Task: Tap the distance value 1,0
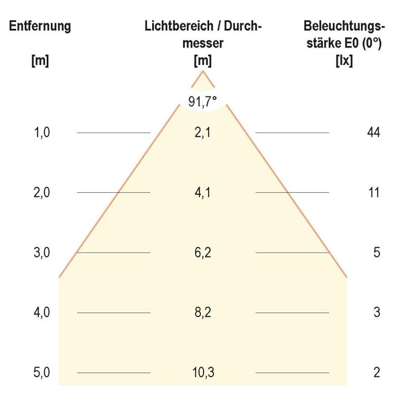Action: click(x=43, y=132)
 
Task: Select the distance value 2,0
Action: click(x=43, y=192)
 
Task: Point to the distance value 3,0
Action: click(x=43, y=252)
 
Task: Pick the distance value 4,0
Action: click(x=43, y=312)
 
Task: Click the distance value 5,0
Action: click(x=43, y=373)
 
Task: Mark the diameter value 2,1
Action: click(x=203, y=132)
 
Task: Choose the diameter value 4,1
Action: click(x=203, y=192)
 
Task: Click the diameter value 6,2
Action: click(x=203, y=252)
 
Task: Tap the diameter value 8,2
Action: click(x=203, y=312)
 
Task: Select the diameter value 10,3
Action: click(x=203, y=373)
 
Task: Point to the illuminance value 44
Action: click(x=374, y=132)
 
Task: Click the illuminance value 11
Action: click(x=374, y=192)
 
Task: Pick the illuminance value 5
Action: click(x=377, y=252)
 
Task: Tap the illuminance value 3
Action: click(x=377, y=312)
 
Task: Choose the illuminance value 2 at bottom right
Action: click(x=377, y=373)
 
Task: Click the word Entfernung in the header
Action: click(x=40, y=27)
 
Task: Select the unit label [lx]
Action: click(x=345, y=61)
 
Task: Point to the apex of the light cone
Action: click(x=203, y=71)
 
